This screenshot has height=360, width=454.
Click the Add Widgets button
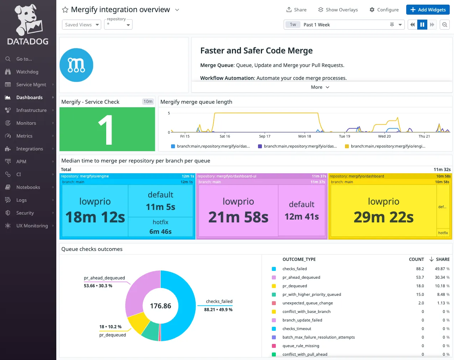[x=428, y=10]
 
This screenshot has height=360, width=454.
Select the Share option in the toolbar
[x=296, y=10]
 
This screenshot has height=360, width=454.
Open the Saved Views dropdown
[x=82, y=25]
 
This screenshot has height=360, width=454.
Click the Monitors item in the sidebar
[x=26, y=123]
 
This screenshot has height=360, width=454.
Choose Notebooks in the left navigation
[x=28, y=187]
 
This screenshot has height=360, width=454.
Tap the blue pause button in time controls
[x=422, y=25]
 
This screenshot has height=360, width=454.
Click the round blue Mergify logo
[x=76, y=65]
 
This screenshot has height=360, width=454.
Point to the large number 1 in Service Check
[x=106, y=130]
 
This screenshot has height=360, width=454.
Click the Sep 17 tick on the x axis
[x=264, y=136]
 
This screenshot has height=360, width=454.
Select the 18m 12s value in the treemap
[x=95, y=217]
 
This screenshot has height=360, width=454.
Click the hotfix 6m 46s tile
[x=160, y=227]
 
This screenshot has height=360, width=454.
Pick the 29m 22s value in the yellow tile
[x=383, y=217]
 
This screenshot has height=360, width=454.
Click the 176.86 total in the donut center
[x=160, y=306]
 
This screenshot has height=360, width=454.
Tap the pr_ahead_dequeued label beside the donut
[x=104, y=278]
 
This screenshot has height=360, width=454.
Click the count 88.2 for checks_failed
[x=420, y=269]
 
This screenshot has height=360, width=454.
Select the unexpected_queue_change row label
[x=308, y=303]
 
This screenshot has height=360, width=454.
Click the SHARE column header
[x=442, y=259]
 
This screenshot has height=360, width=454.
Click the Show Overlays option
[x=338, y=10]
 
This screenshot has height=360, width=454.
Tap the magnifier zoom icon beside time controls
[x=445, y=25]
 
